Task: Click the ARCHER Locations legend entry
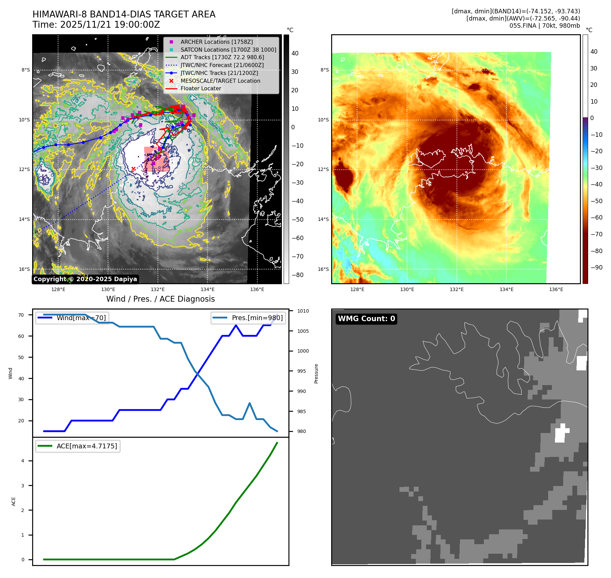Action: tap(217, 42)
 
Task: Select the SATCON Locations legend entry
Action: tap(228, 50)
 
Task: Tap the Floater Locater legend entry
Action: tap(201, 88)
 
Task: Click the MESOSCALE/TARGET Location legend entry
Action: tap(220, 81)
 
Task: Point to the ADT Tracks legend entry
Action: tap(222, 57)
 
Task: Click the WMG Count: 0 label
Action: tap(366, 319)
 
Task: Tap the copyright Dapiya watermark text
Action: tap(85, 279)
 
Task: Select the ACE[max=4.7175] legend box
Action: tap(78, 446)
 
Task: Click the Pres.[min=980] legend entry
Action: tap(248, 318)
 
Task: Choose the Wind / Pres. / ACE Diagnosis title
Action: tap(161, 299)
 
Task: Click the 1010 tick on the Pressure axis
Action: tap(303, 311)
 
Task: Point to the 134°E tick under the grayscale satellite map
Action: tap(207, 289)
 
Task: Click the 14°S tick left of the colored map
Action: tap(323, 219)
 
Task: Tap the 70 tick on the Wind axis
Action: tap(21, 315)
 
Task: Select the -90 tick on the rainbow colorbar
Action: tap(596, 267)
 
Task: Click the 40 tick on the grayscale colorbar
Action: tap(295, 53)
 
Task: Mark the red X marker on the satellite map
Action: tap(133, 169)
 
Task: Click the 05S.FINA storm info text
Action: tap(544, 26)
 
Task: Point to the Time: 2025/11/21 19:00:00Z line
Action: tap(96, 25)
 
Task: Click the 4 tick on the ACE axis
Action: tap(23, 461)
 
